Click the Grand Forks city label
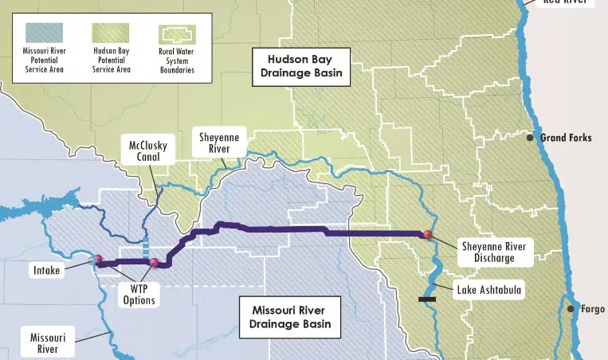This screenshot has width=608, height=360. pos(566,138)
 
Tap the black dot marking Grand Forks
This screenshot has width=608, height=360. pos(530,138)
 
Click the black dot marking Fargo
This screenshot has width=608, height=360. pos(571,308)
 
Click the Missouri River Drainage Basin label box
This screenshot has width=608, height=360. pos(289,316)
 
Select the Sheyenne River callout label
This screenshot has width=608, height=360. pos(219,143)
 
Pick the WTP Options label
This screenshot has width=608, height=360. pos(138,295)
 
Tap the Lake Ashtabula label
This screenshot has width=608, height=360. pos(488,290)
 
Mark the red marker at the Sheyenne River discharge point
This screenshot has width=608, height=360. pos(428,234)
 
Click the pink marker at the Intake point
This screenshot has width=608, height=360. pos(98,259)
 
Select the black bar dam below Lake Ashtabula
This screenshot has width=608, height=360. pos(427,299)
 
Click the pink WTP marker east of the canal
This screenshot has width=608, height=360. pos(154,262)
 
